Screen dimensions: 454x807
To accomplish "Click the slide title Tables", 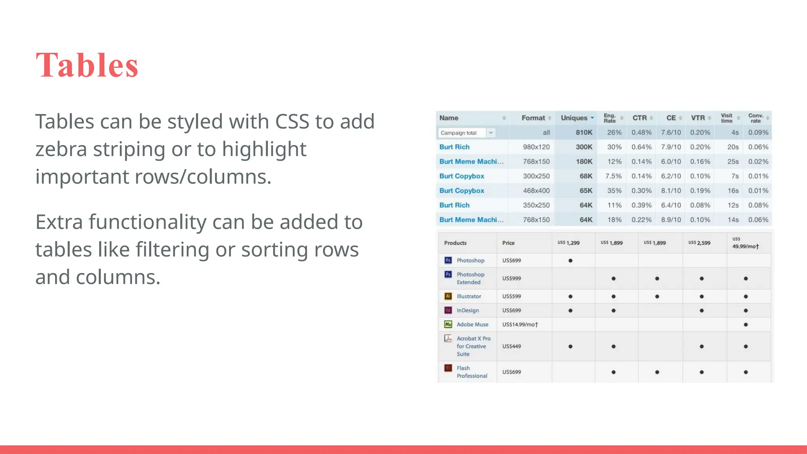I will point(87,65).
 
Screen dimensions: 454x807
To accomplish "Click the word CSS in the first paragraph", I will point(292,121).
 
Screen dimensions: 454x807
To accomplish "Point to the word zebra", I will point(61,149).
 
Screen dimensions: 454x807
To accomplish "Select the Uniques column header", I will point(574,118).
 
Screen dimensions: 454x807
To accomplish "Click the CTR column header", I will point(640,118).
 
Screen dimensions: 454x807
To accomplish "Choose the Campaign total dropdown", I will point(467,133).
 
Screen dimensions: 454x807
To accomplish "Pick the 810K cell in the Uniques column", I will point(584,132).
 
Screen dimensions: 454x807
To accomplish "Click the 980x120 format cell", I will point(536,147).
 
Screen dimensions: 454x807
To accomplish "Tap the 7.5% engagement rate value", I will point(613,176).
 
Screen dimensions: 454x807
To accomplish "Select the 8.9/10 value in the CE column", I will point(671,220).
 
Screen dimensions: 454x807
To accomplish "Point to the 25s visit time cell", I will point(733,162).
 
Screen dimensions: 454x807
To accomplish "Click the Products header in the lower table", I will point(455,243).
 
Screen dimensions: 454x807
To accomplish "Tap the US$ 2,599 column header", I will point(699,243).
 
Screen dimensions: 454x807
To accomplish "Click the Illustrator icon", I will point(448,296).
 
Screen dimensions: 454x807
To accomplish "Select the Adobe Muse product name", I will point(472,324).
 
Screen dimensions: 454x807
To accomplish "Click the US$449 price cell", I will point(511,346).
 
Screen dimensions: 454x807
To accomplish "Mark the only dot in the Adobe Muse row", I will point(746,325).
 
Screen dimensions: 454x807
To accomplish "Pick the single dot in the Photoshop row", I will point(570,260).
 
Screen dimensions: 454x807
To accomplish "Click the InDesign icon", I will point(448,310).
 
